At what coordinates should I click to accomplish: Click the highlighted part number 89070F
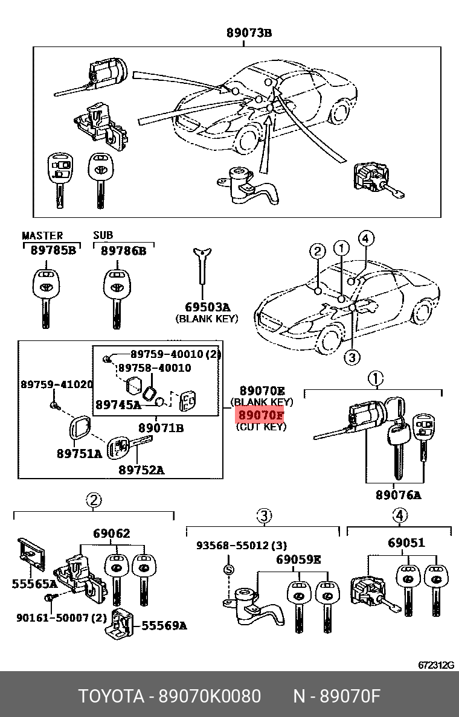click(260, 415)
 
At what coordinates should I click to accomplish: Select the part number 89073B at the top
click(249, 33)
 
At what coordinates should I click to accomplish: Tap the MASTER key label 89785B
click(53, 250)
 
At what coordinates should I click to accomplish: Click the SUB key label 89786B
click(123, 250)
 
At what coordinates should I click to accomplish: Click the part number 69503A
click(207, 307)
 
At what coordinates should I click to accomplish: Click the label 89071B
click(161, 428)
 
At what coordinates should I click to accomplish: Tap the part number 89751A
click(79, 453)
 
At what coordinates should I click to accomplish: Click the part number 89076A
click(398, 495)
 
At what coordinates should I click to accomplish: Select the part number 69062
click(111, 534)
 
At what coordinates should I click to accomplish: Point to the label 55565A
click(34, 584)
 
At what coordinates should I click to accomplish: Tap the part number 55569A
click(164, 626)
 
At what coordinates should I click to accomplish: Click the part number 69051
click(406, 543)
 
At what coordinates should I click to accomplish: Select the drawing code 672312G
click(436, 665)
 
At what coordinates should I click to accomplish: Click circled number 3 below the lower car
click(352, 357)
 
